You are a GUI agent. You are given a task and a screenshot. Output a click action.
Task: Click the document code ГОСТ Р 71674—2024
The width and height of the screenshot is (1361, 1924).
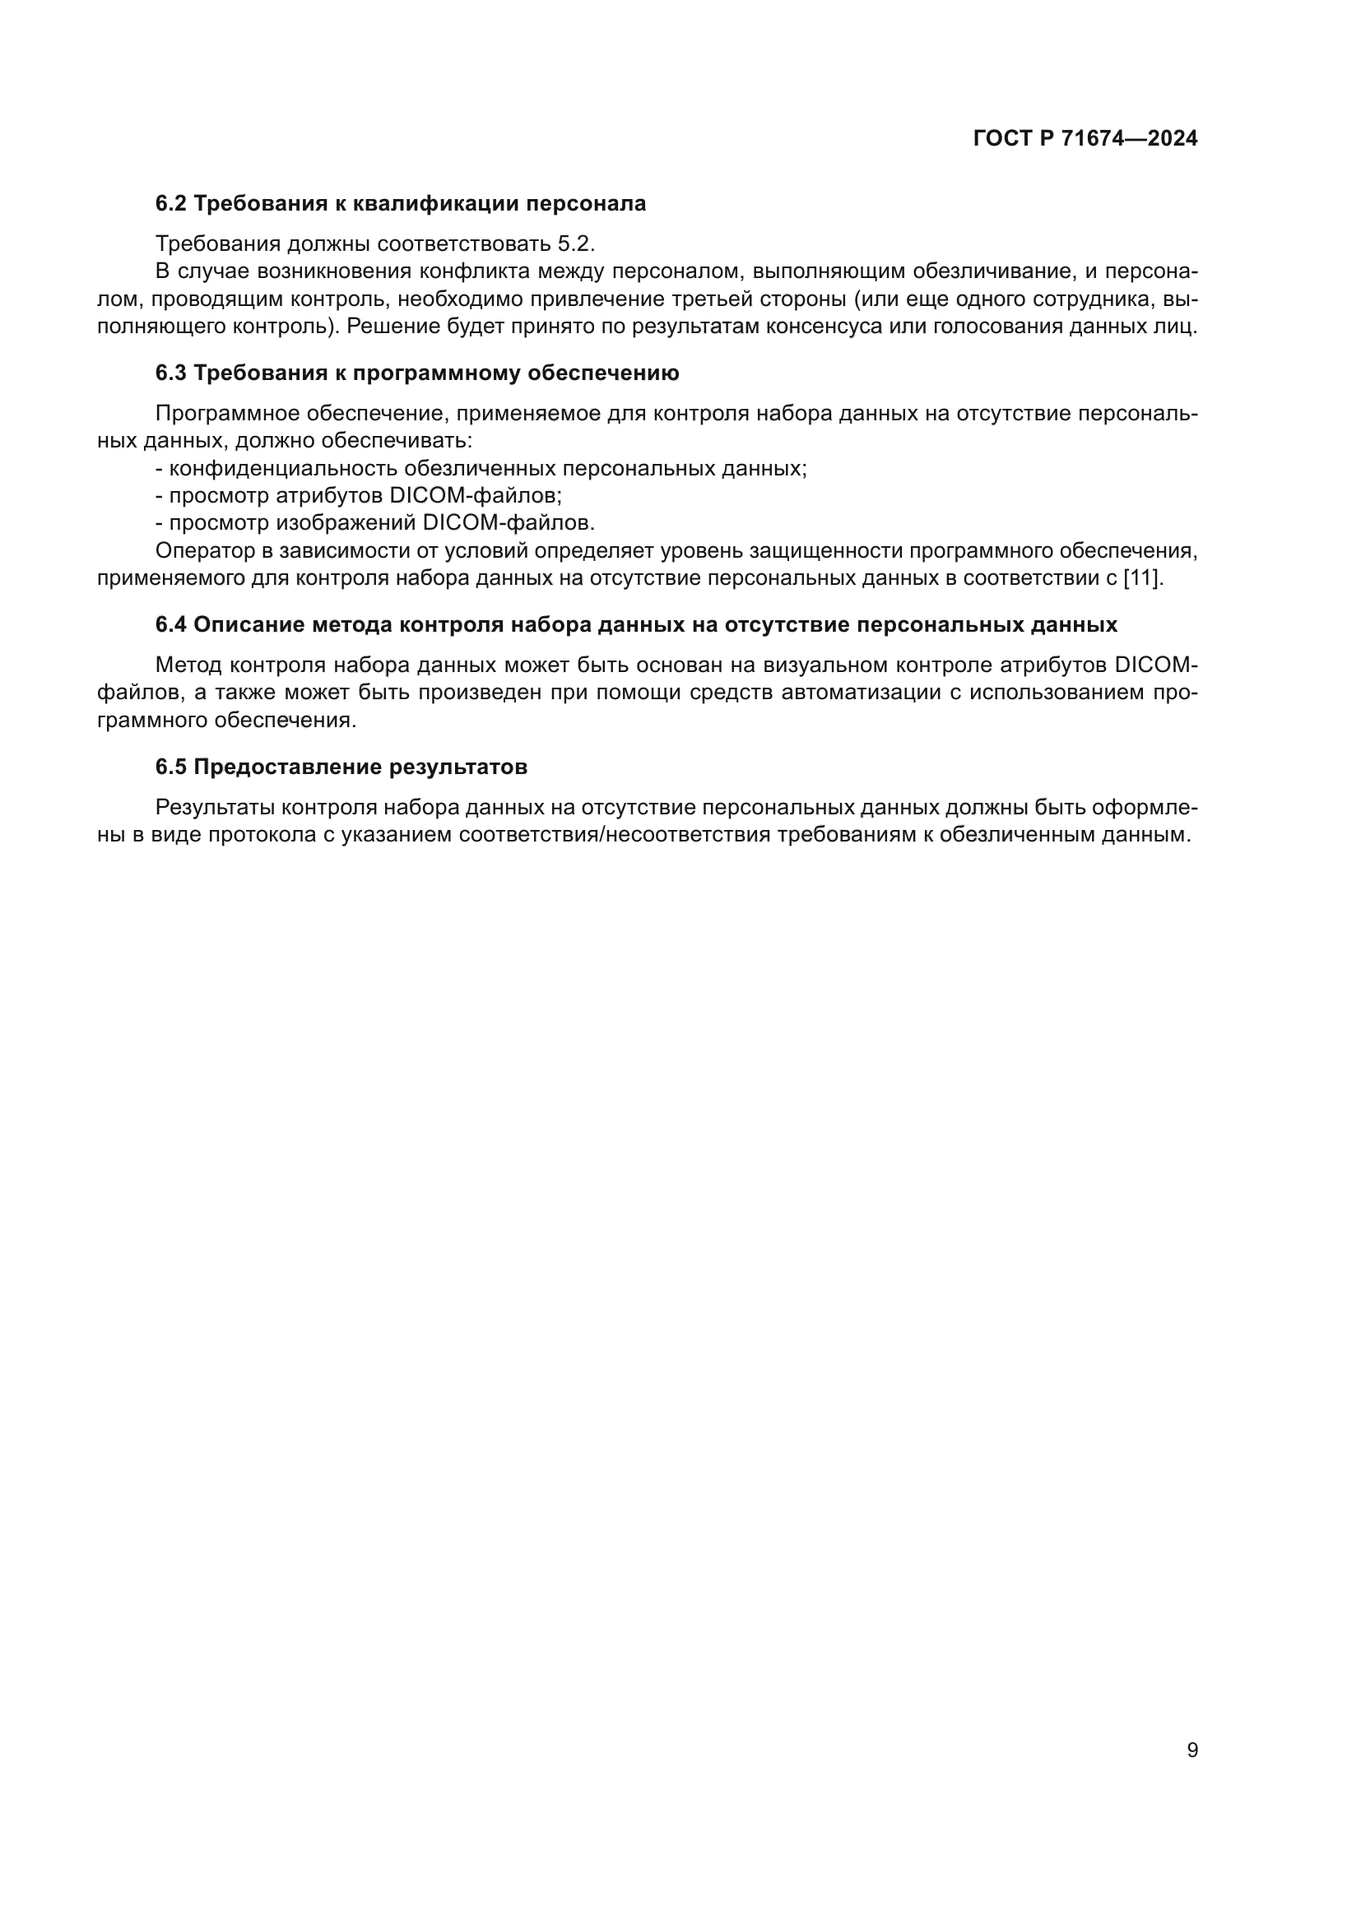tap(1085, 138)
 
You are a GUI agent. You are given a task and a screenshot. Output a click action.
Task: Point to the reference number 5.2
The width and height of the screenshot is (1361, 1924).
tap(576, 243)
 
